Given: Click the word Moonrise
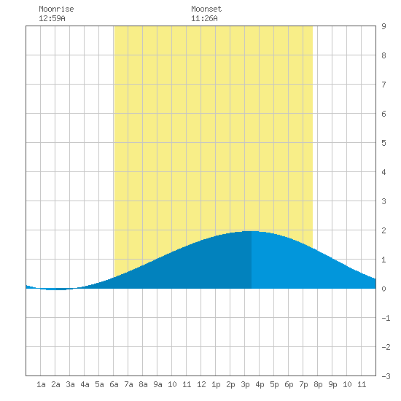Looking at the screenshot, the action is [56, 9].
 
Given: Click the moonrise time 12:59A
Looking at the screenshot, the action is [52, 18].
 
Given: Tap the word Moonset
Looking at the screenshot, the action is [206, 9].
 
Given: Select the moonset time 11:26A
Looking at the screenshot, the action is [204, 18].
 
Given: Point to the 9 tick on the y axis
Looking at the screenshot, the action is [384, 26].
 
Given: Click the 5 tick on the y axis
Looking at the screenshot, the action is [384, 143].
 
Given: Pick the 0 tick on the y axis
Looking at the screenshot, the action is [384, 289].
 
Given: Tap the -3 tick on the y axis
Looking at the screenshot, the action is [386, 376].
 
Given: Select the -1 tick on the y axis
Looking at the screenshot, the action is [386, 318].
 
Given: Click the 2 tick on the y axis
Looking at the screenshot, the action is [384, 230].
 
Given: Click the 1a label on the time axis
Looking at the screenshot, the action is [41, 384].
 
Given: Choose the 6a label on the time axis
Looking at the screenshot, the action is [114, 384].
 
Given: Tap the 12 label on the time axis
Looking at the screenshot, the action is [201, 384].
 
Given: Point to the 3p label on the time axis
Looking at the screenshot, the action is [245, 384].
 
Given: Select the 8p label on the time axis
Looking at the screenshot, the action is [318, 384].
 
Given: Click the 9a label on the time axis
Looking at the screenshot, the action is [157, 384].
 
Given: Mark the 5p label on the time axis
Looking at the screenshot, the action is [274, 384].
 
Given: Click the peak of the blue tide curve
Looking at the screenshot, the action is [252, 231].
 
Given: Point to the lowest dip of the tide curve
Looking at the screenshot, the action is [56, 289].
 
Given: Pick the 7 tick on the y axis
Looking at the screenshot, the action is [384, 85].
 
